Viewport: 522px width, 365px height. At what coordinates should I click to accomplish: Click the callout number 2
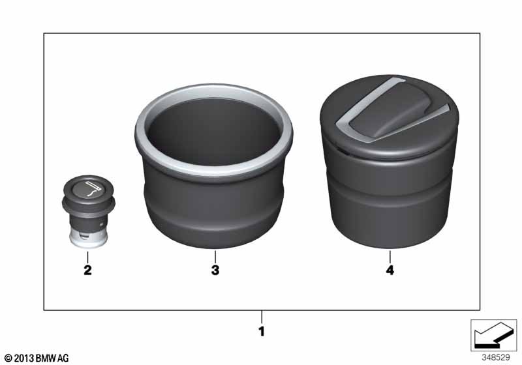87,270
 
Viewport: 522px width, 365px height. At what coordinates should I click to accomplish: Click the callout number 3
215,270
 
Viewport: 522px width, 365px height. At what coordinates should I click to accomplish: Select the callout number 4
390,270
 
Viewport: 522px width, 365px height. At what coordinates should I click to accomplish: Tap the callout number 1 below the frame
262,331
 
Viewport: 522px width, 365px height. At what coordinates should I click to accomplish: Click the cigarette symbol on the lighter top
93,189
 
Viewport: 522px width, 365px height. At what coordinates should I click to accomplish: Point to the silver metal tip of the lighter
88,239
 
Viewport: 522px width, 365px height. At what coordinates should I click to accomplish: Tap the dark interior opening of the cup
213,131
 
